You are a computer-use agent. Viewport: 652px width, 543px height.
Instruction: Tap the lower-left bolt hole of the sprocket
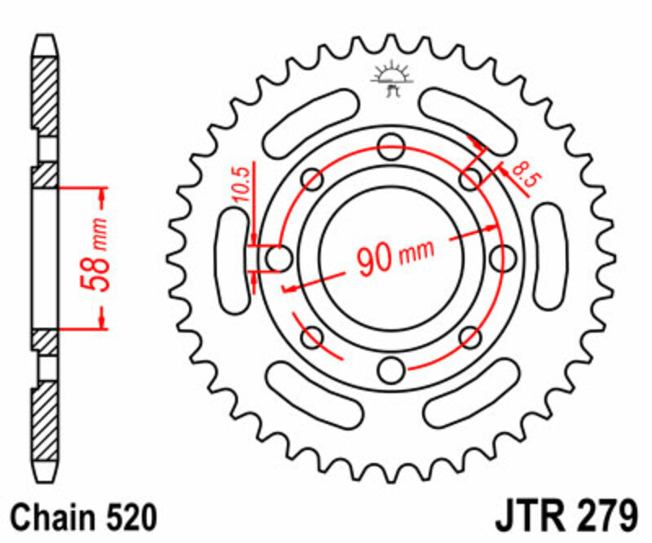311,337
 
